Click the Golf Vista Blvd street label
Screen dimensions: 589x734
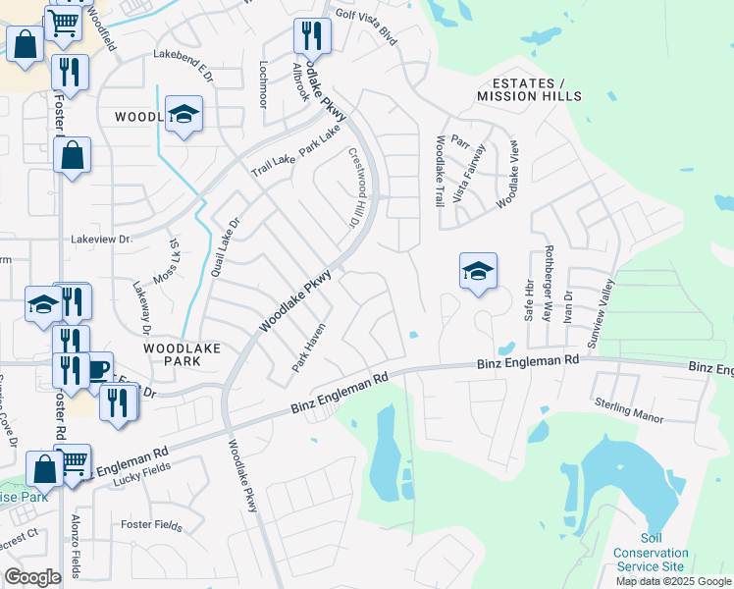(x=366, y=27)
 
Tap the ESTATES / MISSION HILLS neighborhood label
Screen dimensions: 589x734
(x=529, y=89)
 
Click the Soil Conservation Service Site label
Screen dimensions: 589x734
(x=648, y=553)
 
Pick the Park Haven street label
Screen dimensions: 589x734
(x=307, y=349)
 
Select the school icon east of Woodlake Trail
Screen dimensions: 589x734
(x=478, y=271)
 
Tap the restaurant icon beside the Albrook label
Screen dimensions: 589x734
(x=312, y=37)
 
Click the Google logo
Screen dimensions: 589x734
(x=32, y=577)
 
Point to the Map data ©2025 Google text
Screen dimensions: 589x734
(x=673, y=581)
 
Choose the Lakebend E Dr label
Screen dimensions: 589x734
(x=182, y=59)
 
